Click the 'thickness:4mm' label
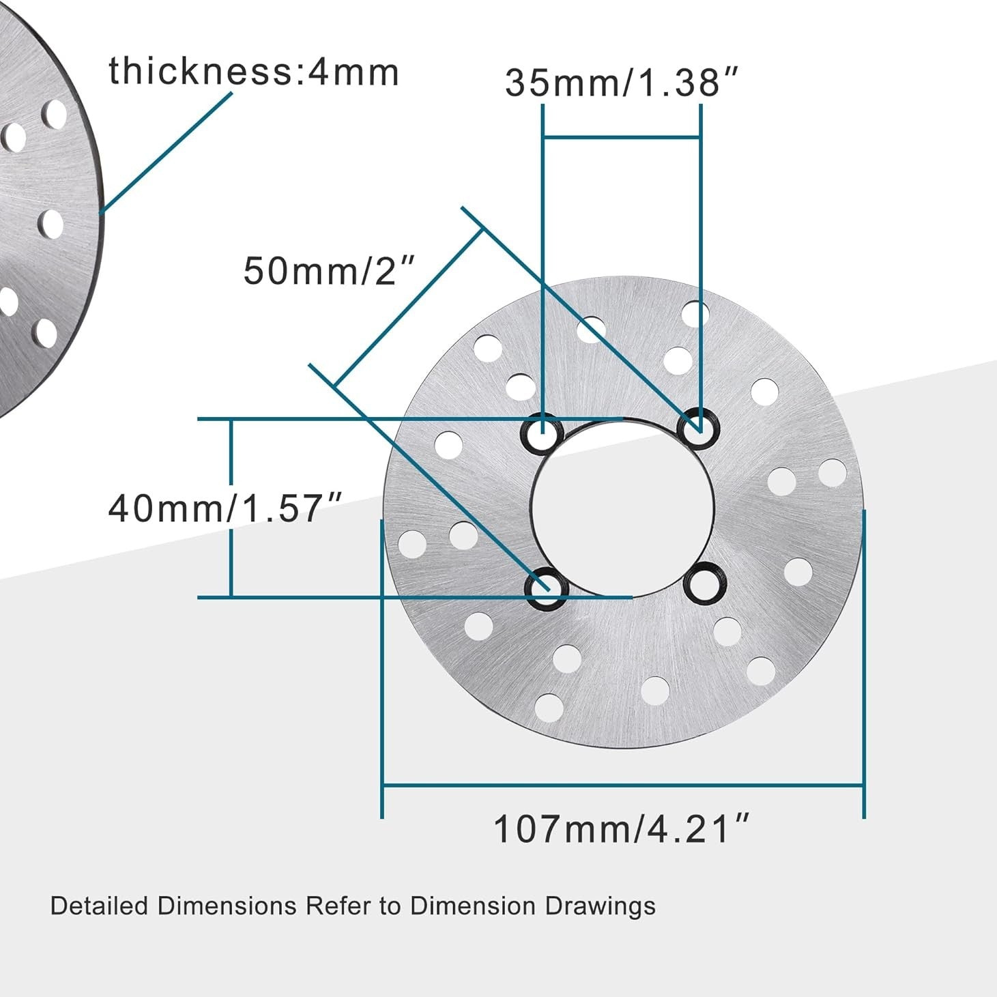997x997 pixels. tap(253, 72)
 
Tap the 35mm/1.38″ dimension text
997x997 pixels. tap(621, 83)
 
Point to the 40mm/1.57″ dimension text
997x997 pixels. tap(225, 508)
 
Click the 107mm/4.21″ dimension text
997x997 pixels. tap(621, 829)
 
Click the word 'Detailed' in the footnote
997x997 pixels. tap(99, 906)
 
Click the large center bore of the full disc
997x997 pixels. tap(622, 508)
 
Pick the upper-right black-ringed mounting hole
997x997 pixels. tap(698, 428)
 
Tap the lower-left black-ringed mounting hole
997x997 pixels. tap(546, 587)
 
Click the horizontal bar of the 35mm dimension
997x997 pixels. tap(621, 139)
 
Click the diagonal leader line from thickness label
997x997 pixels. tap(167, 151)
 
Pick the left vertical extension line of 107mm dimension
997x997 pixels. tap(382, 669)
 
